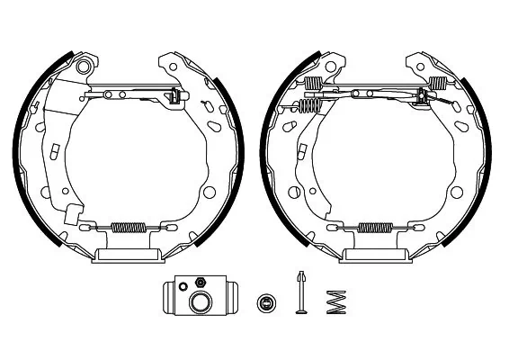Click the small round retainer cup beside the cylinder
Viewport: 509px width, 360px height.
click(265, 301)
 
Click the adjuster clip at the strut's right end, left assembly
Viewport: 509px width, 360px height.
click(175, 97)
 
